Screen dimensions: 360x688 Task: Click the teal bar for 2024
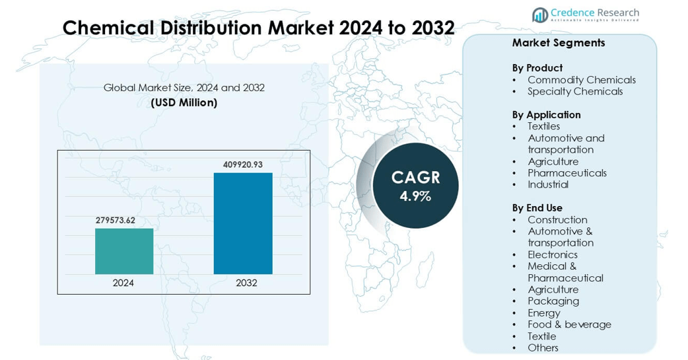click(124, 251)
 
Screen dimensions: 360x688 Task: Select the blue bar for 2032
click(243, 223)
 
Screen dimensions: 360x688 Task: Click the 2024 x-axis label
click(123, 283)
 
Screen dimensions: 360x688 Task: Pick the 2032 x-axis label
click(246, 283)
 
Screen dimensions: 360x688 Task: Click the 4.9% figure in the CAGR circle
click(415, 196)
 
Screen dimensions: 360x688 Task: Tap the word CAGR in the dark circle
click(415, 177)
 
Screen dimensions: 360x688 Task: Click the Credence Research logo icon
click(540, 15)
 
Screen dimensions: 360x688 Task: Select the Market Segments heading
click(559, 43)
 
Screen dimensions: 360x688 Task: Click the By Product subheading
click(537, 68)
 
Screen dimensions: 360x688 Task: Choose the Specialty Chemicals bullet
click(575, 91)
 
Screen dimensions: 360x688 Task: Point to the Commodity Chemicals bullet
click(582, 80)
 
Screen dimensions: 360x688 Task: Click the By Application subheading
click(546, 115)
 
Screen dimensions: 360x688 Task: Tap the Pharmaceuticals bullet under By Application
click(567, 173)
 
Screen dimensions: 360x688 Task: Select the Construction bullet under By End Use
click(557, 220)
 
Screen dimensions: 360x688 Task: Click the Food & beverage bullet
click(569, 324)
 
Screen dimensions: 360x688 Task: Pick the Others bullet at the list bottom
click(543, 347)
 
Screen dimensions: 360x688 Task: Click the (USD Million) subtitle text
click(184, 102)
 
